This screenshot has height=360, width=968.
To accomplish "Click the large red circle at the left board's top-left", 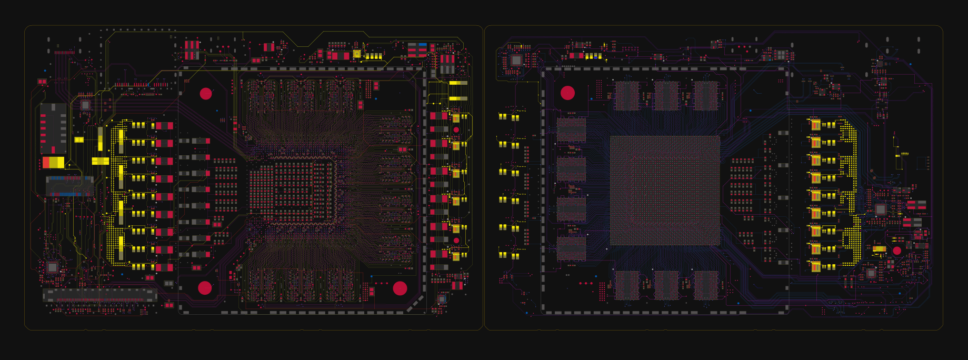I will (x=206, y=94).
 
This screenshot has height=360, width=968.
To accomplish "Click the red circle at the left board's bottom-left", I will (x=205, y=288).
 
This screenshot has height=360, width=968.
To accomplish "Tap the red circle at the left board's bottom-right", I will (x=400, y=288).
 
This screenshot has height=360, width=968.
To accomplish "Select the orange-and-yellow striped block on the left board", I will (x=53, y=162).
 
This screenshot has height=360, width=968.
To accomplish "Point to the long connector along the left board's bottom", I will (x=99, y=295).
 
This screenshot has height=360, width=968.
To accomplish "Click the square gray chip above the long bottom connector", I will (x=52, y=267).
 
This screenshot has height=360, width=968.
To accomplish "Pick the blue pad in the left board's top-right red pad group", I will (x=422, y=45).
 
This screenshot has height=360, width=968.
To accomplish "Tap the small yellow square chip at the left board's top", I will (x=357, y=54).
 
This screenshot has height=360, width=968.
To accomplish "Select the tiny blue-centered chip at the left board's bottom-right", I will (x=442, y=299).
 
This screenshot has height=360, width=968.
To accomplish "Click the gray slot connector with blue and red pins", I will (x=69, y=186).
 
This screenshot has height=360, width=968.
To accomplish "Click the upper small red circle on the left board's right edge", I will (x=456, y=129).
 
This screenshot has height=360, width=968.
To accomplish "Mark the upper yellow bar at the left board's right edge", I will (x=458, y=83).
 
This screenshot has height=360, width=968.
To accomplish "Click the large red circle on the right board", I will (x=567, y=93).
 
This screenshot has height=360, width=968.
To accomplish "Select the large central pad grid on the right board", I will (x=665, y=191).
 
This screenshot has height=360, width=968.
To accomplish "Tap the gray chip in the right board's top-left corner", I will (x=516, y=60).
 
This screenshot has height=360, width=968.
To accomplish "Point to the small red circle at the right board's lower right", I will (x=897, y=251).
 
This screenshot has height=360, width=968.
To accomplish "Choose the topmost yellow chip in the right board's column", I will (x=815, y=125).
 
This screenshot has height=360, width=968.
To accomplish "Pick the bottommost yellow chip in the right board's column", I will (x=815, y=267).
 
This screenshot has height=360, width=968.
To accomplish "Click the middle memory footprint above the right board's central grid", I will (x=666, y=95).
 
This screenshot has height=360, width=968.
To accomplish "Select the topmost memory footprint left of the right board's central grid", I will (x=571, y=129).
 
